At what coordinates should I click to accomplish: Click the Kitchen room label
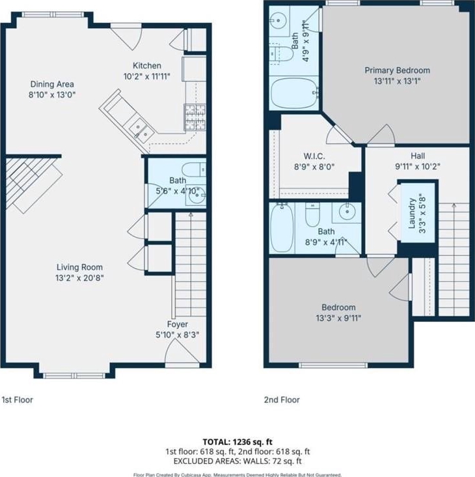(x=147, y=65)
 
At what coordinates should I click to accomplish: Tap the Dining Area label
(x=52, y=84)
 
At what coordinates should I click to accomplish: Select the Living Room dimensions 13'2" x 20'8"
(x=79, y=278)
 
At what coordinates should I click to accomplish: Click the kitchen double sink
(x=141, y=130)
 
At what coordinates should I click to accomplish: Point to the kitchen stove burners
(x=195, y=117)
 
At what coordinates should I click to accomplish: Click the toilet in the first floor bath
(x=194, y=169)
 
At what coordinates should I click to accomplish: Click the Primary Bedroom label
(x=398, y=70)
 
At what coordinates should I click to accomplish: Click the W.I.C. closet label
(x=314, y=156)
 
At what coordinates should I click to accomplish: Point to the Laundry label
(x=412, y=213)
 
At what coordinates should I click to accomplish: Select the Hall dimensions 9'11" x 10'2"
(x=418, y=167)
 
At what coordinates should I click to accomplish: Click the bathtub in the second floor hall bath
(x=282, y=227)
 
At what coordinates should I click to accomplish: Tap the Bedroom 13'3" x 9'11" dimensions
(x=338, y=318)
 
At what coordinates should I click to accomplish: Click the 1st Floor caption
(x=18, y=399)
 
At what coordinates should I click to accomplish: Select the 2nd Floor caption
(x=282, y=399)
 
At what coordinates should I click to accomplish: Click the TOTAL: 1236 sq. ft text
(x=238, y=442)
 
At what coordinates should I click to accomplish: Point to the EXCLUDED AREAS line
(x=238, y=461)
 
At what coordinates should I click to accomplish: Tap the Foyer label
(x=178, y=325)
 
